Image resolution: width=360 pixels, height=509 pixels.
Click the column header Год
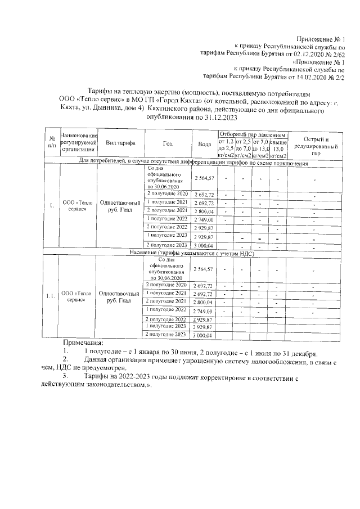167,144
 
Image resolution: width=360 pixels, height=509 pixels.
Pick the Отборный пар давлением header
253,136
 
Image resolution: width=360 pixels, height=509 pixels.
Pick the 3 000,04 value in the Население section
204,335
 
